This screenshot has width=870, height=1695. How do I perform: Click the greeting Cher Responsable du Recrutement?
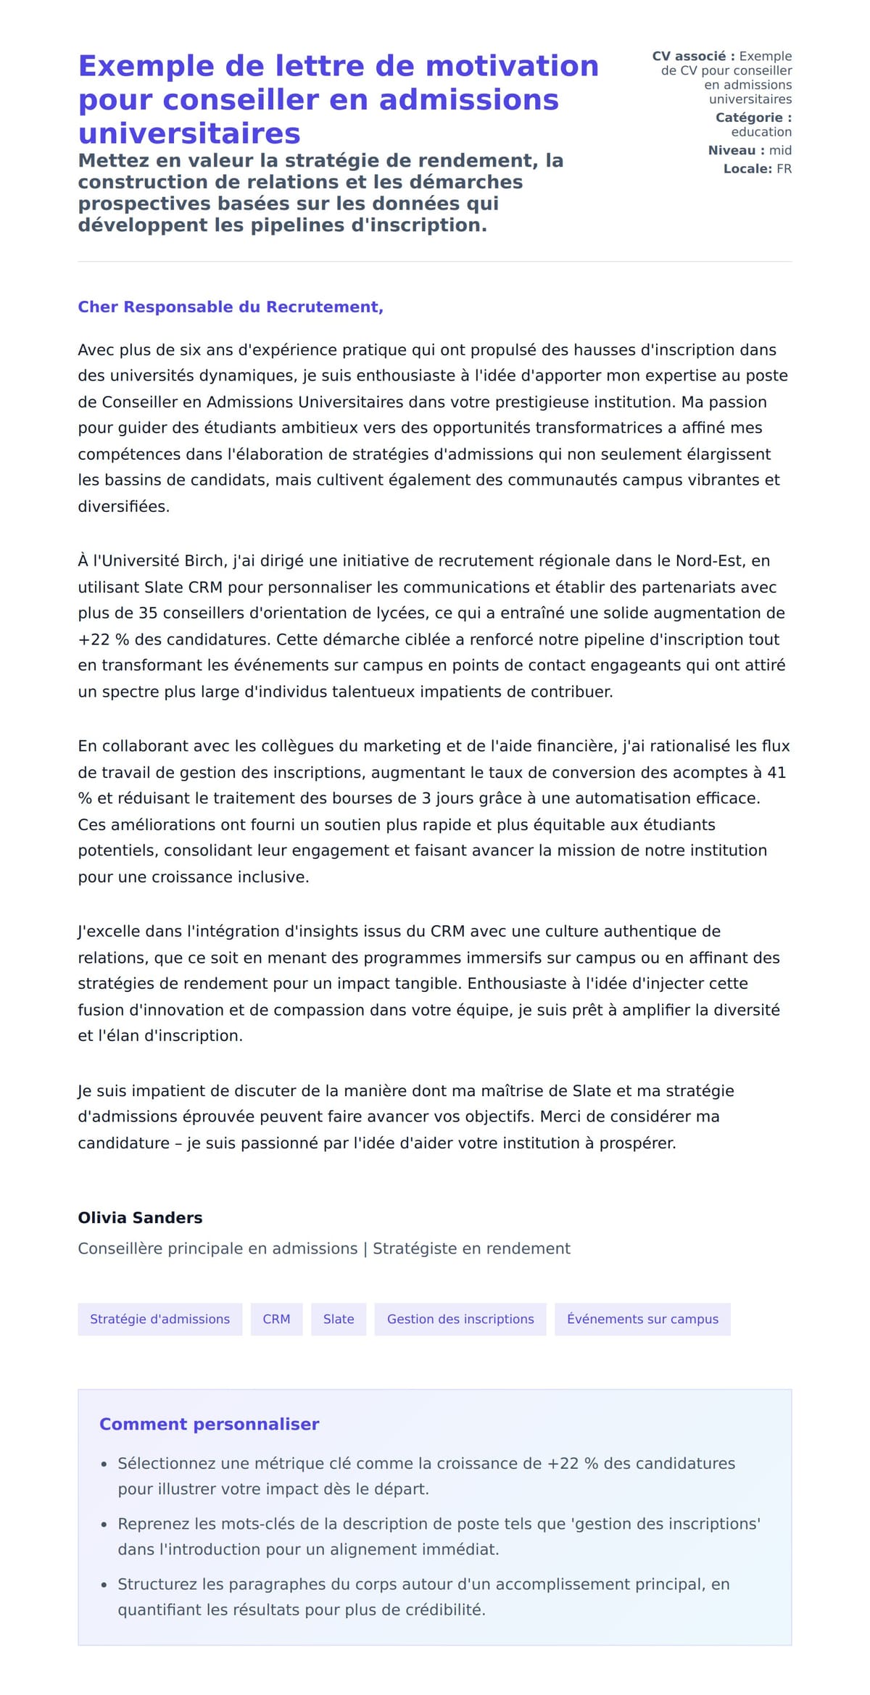231,307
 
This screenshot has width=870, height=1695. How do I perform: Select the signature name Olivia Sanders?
140,1217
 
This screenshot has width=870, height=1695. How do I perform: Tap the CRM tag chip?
276,1319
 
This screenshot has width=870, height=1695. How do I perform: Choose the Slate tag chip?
339,1319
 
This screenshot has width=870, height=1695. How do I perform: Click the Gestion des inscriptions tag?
460,1319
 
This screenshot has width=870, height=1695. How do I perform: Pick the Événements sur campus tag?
642,1319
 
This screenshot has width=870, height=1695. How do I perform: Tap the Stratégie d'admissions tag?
159,1319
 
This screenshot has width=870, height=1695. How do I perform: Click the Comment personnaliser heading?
209,1424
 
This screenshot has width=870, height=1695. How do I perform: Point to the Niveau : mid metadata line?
750,150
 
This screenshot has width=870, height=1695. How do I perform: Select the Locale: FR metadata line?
757,169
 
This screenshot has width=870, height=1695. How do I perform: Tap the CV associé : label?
693,56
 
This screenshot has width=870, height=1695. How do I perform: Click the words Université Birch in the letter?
160,560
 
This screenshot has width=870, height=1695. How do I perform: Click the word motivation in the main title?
512,66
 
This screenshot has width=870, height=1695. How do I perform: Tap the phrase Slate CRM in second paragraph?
183,587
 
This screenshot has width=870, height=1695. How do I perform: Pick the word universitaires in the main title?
189,133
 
